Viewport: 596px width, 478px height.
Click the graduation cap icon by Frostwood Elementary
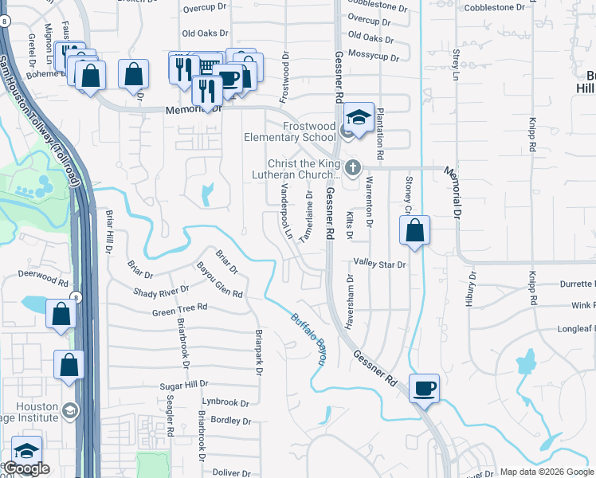[x=359, y=116]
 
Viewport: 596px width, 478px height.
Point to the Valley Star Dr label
[x=380, y=263]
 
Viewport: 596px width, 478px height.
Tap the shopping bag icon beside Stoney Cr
[x=414, y=231]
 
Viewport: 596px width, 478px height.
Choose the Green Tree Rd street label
[x=180, y=307]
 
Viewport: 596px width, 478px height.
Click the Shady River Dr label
[x=161, y=292]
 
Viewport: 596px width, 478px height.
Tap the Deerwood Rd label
[x=44, y=280]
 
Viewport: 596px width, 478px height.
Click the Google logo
[x=26, y=468]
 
